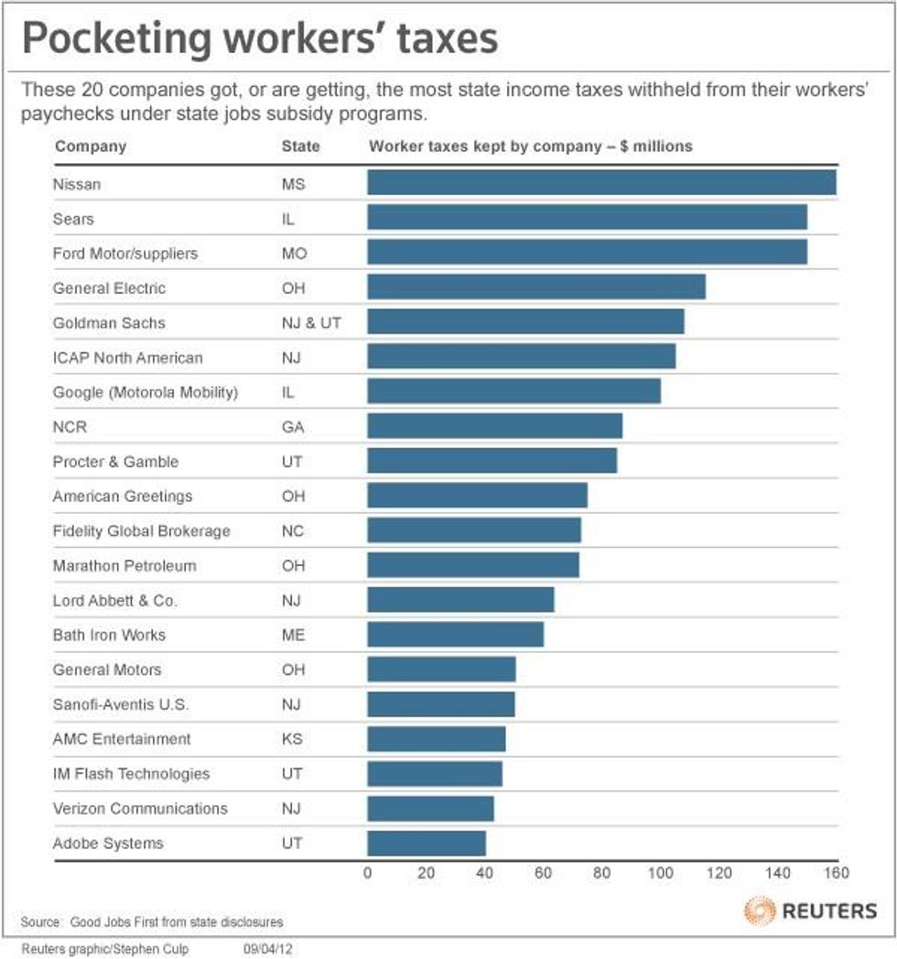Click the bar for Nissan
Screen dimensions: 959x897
tap(601, 183)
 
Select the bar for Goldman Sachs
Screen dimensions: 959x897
tap(525, 322)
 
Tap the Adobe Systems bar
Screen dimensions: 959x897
tap(427, 843)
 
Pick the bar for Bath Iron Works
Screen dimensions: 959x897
tap(456, 635)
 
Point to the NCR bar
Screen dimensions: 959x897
tap(494, 427)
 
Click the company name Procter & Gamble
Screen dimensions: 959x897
tap(115, 462)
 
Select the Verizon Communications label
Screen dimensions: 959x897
tap(140, 809)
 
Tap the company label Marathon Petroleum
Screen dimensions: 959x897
tap(124, 566)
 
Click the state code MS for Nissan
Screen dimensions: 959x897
tap(293, 184)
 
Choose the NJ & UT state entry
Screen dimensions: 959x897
tap(311, 323)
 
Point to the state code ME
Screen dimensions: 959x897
tap(293, 635)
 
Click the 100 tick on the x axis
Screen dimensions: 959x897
tap(660, 873)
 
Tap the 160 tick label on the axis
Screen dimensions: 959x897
tap(836, 873)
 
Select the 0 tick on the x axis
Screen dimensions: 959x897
tap(368, 873)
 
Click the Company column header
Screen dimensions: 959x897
tap(90, 147)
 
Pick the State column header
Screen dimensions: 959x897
tap(300, 147)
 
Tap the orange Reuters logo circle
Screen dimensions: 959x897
tap(759, 910)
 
